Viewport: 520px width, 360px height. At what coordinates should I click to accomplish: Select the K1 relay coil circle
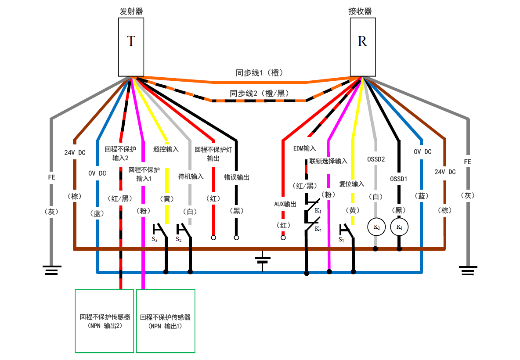tap(399, 227)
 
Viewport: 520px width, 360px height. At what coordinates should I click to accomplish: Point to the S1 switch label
tap(341, 240)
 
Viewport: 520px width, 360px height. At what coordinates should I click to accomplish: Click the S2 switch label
tap(179, 239)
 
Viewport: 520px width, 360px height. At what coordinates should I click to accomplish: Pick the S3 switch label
tap(155, 239)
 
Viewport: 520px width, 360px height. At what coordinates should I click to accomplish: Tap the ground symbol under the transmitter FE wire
tap(51, 270)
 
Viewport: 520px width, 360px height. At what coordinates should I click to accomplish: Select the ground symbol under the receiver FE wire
tap(467, 270)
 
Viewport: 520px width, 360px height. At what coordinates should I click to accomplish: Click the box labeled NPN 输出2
tap(105, 321)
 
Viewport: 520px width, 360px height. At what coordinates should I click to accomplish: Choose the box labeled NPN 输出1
tap(166, 321)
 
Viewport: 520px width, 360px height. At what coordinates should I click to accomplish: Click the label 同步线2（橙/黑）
tap(258, 93)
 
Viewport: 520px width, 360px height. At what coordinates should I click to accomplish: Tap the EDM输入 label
tap(304, 149)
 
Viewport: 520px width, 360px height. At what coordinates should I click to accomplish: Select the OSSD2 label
tap(376, 159)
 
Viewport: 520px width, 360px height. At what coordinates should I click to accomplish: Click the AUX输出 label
tap(285, 204)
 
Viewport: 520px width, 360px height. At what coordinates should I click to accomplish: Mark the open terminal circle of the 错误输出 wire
tap(236, 238)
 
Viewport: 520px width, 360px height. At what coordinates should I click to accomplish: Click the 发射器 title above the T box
tap(131, 11)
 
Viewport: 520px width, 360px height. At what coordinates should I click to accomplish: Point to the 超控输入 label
tap(166, 149)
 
